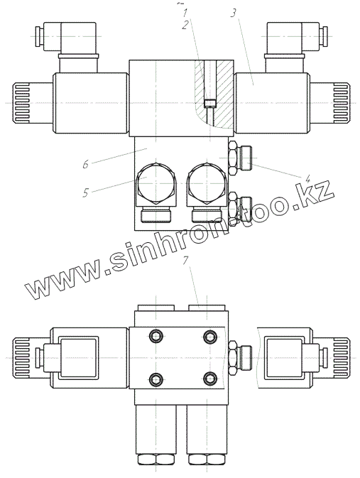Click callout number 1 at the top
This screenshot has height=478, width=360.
point(185,13)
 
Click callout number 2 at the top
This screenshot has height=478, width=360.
point(185,26)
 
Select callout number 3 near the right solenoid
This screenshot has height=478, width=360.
point(233,13)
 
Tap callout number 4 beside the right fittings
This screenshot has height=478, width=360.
point(308,178)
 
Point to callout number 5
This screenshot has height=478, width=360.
point(86,192)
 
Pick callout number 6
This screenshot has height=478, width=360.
point(86,164)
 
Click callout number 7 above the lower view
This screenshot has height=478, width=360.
point(185,261)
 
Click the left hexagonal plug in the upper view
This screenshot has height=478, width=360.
point(156,183)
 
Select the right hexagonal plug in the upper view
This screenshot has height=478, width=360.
point(207,183)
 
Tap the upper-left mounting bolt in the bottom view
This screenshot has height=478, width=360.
point(156,336)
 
